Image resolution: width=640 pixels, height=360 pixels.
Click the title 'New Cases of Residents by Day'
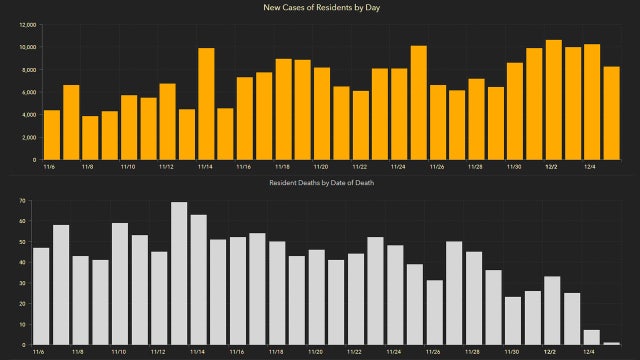tap(320, 8)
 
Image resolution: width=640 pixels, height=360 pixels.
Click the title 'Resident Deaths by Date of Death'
tap(320, 184)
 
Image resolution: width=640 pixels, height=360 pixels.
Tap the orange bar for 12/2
tap(553, 100)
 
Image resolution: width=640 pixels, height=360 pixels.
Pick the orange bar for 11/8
tap(90, 138)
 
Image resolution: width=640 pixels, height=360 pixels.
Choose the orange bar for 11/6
tap(51, 135)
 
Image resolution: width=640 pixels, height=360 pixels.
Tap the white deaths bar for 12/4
tap(592, 338)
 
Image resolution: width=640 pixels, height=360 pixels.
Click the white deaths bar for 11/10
tap(120, 284)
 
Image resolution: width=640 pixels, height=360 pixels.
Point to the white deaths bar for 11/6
tap(42, 296)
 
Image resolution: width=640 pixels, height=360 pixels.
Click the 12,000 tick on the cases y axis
tap(27, 24)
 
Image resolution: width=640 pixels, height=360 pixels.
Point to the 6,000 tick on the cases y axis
tap(29, 92)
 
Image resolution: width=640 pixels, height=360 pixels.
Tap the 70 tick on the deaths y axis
tap(21, 201)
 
